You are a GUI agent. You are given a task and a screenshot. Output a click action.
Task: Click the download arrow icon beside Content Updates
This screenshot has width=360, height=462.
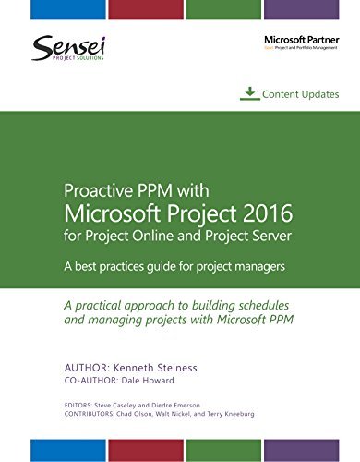[248, 93]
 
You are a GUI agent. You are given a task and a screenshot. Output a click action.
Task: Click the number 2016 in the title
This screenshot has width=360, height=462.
[263, 214]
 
